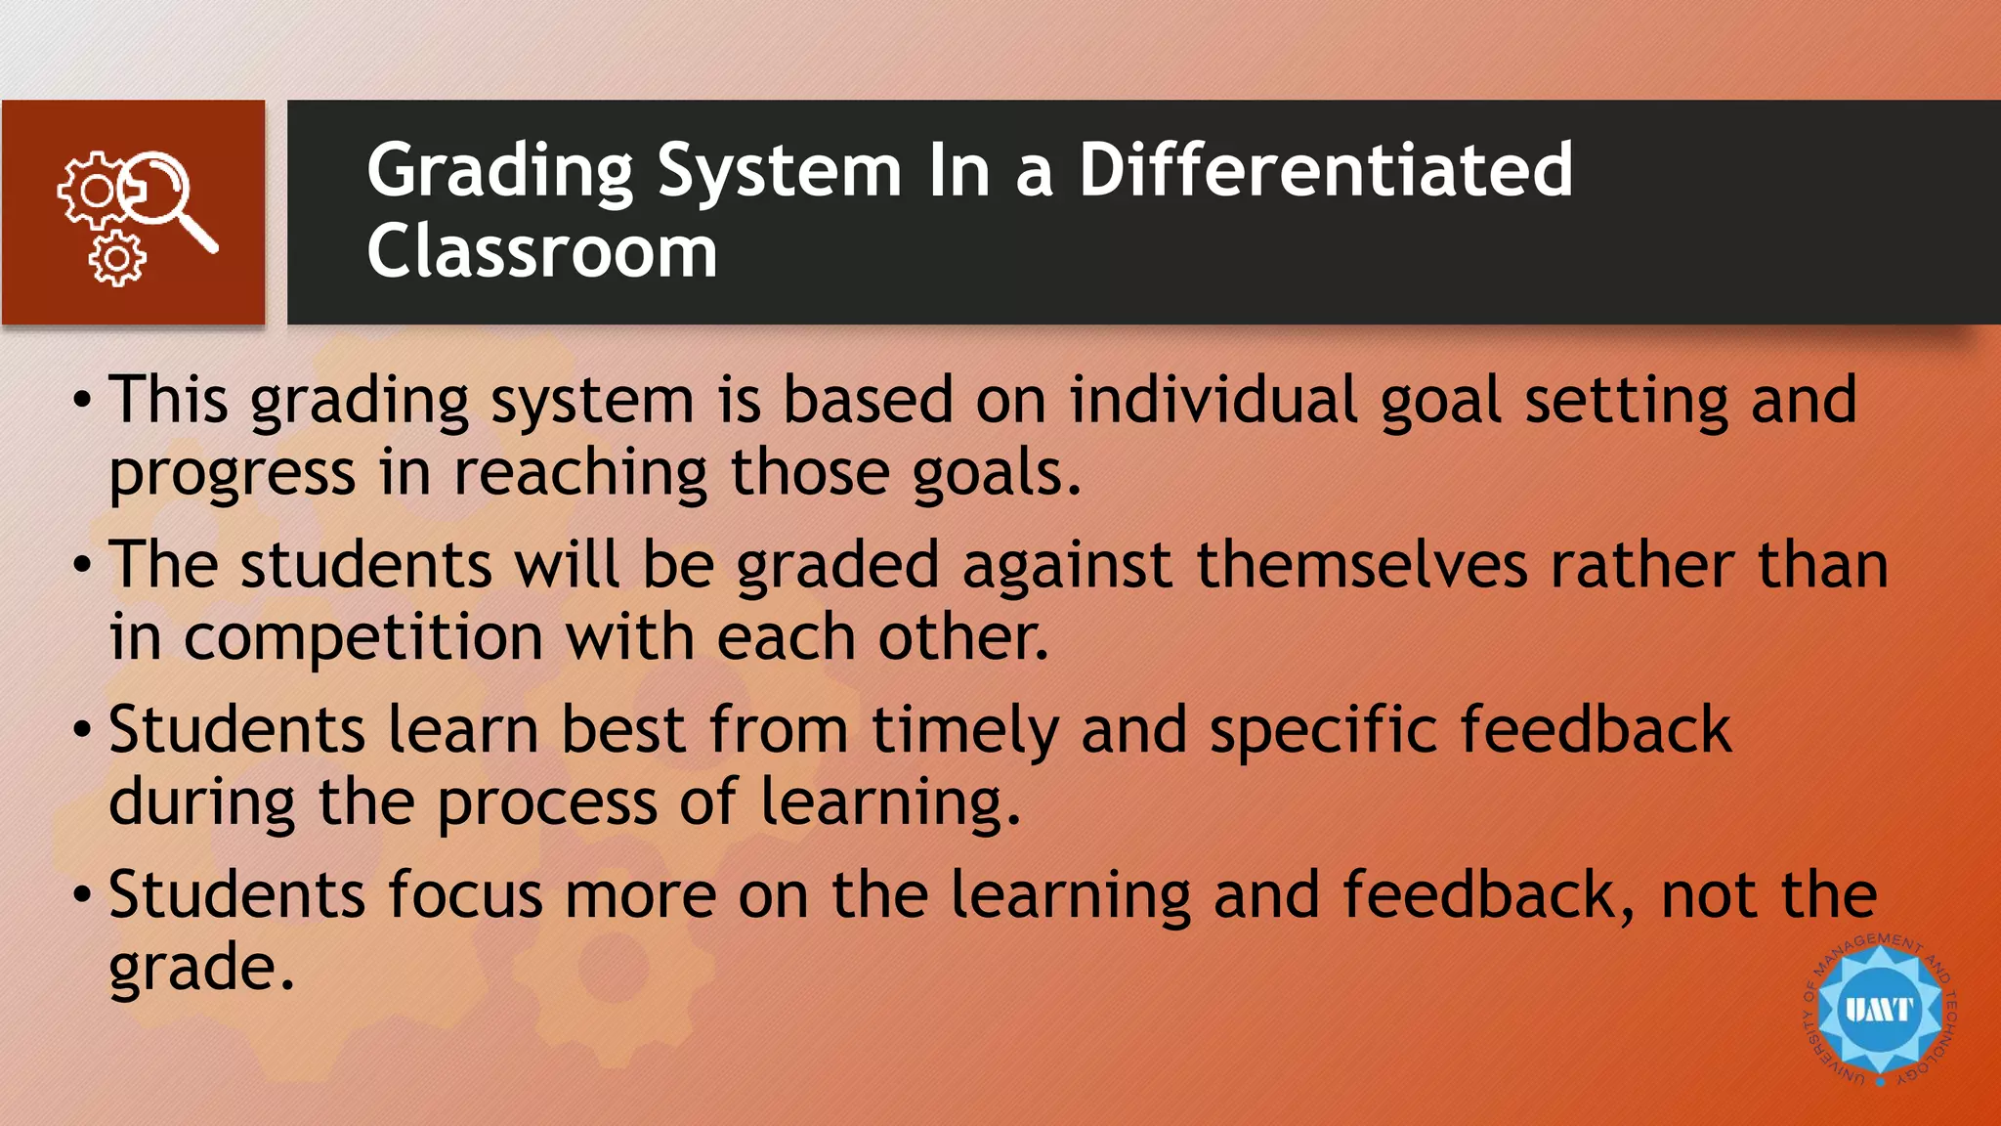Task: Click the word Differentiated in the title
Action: pyautogui.click(x=1325, y=170)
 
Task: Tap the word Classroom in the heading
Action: pyautogui.click(x=542, y=251)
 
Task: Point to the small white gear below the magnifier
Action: pyautogui.click(x=117, y=259)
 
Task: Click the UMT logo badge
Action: pyautogui.click(x=1879, y=1010)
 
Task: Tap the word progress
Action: pyautogui.click(x=232, y=475)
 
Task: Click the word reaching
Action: pyautogui.click(x=580, y=473)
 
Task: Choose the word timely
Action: pyautogui.click(x=964, y=731)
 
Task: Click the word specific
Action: pyautogui.click(x=1324, y=731)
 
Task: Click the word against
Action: pyautogui.click(x=1067, y=567)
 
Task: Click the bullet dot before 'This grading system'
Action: pyautogui.click(x=83, y=400)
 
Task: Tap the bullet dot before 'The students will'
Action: pyautogui.click(x=83, y=564)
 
